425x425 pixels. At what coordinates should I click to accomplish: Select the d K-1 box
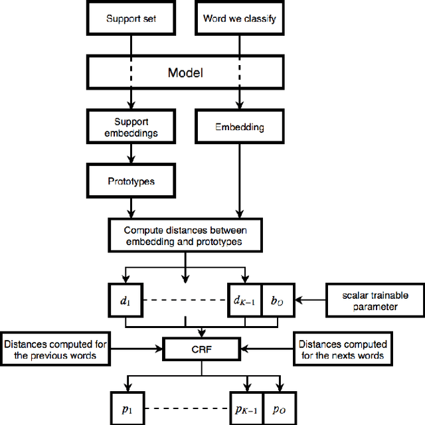(x=245, y=300)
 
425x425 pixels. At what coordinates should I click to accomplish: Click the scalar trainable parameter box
(x=375, y=300)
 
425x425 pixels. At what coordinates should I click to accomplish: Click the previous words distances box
(x=55, y=349)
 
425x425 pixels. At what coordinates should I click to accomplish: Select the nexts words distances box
(x=342, y=349)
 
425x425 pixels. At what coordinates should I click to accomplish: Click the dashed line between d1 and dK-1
(x=185, y=300)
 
